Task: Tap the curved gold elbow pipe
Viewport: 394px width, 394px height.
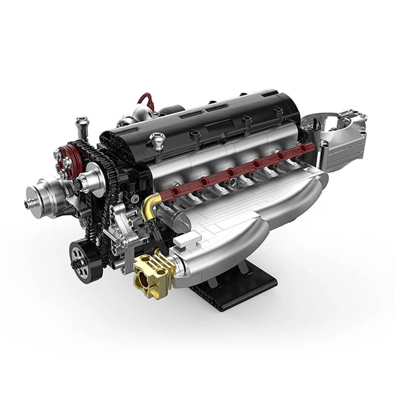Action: [x=149, y=203]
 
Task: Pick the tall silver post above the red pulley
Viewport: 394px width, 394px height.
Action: [x=82, y=126]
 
